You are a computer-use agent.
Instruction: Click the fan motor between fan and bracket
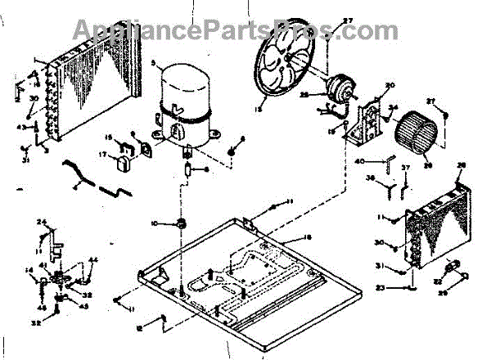(x=336, y=88)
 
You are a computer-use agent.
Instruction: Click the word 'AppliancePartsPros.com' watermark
(x=245, y=30)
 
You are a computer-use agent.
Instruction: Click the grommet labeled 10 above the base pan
(x=181, y=223)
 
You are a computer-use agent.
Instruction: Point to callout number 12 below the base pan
(x=141, y=328)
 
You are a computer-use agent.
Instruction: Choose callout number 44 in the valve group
(x=92, y=260)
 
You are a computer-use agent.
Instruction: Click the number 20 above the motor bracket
(x=390, y=86)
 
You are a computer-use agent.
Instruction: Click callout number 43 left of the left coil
(x=23, y=125)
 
